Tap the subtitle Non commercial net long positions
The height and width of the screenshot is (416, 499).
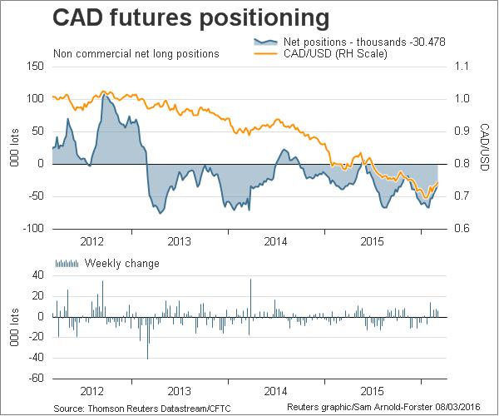(136, 54)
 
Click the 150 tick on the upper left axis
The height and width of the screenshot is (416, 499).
(32, 66)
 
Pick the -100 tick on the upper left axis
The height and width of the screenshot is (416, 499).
(31, 229)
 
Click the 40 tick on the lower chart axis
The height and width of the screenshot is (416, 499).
(37, 275)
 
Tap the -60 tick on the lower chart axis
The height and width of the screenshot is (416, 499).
(35, 379)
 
